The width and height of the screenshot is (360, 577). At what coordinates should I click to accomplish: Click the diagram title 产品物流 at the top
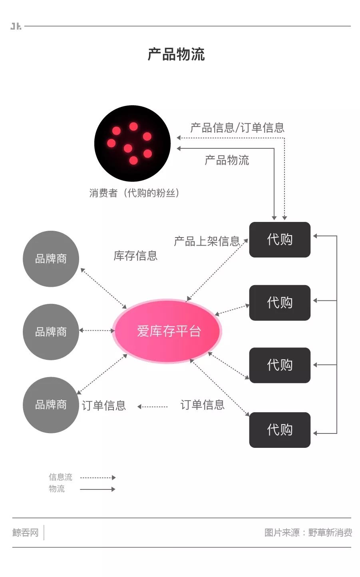pyautogui.click(x=176, y=54)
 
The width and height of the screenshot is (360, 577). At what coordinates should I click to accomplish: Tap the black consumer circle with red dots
pyautogui.click(x=132, y=143)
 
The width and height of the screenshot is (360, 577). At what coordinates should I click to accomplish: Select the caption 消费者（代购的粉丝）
pyautogui.click(x=134, y=193)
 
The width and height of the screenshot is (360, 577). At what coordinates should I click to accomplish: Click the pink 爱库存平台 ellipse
pyautogui.click(x=167, y=331)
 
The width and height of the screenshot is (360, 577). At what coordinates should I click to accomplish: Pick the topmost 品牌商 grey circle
pyautogui.click(x=51, y=259)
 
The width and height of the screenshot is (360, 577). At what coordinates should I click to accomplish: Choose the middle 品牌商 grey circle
pyautogui.click(x=51, y=331)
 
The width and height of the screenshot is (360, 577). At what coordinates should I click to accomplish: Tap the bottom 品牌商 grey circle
pyautogui.click(x=51, y=405)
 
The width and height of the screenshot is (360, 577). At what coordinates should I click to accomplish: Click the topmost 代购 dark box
pyautogui.click(x=280, y=240)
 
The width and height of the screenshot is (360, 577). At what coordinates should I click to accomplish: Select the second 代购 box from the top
pyautogui.click(x=280, y=302)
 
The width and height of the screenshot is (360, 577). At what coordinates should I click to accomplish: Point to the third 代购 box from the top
pyautogui.click(x=280, y=365)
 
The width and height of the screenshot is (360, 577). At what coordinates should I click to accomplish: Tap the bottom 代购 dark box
pyautogui.click(x=280, y=429)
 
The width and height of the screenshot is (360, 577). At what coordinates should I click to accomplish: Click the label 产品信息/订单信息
pyautogui.click(x=237, y=128)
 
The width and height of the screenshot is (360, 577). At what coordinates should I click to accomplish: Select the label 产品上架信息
pyautogui.click(x=207, y=241)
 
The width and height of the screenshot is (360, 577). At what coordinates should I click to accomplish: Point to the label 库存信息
pyautogui.click(x=135, y=256)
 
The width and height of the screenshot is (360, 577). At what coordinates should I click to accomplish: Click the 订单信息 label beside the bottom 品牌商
pyautogui.click(x=104, y=405)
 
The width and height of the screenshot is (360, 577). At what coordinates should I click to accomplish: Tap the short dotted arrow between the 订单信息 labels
pyautogui.click(x=152, y=407)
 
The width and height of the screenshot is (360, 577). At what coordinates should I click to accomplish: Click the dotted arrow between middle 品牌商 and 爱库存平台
pyautogui.click(x=97, y=330)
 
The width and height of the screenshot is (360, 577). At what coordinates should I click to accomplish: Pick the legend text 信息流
pyautogui.click(x=60, y=477)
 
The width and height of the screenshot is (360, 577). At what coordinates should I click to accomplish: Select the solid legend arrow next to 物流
pyautogui.click(x=97, y=489)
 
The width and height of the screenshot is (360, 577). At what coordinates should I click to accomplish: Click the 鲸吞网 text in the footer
pyautogui.click(x=26, y=533)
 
